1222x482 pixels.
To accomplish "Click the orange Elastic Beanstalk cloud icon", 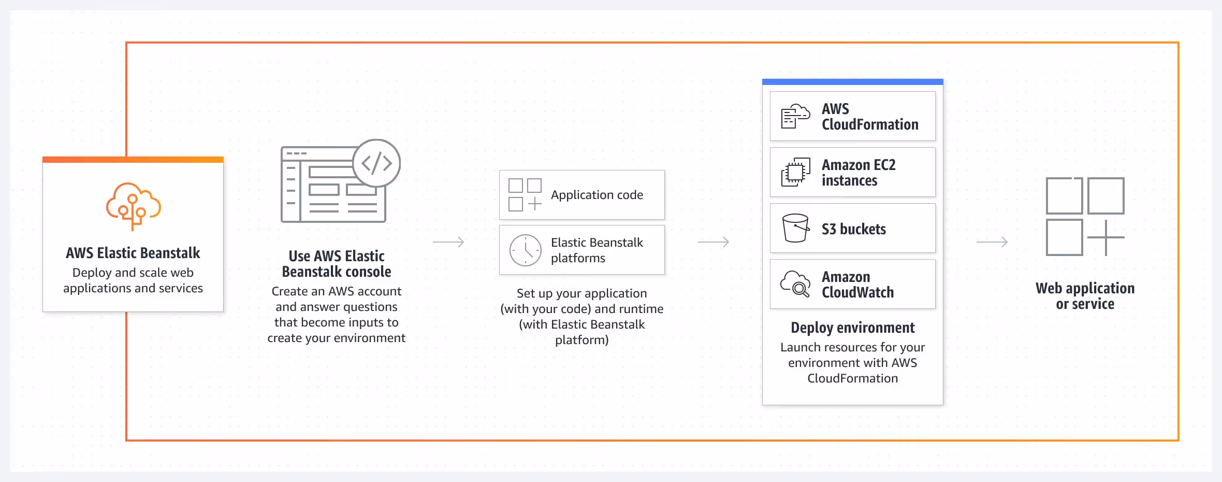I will [x=133, y=206].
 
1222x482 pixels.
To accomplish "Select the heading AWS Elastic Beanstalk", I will [x=133, y=253].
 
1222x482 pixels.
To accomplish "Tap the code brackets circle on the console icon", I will [x=376, y=163].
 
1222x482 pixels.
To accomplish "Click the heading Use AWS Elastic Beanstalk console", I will [x=337, y=264].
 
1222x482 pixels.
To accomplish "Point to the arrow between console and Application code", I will [x=448, y=242].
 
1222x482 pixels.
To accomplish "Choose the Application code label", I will [x=597, y=195].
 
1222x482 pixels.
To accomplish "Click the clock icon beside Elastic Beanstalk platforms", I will [x=525, y=250].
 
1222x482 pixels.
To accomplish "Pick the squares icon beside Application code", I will [x=525, y=195].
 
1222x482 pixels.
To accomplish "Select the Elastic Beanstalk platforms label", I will [x=597, y=250].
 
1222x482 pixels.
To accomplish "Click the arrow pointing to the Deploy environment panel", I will [x=714, y=242].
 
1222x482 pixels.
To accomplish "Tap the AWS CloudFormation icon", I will [x=795, y=116].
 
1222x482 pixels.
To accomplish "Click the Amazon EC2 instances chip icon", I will [x=795, y=173].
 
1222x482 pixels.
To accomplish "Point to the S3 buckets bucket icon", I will [x=795, y=228].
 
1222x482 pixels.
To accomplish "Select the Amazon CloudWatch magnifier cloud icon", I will [x=795, y=284].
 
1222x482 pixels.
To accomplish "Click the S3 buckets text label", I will [x=854, y=229].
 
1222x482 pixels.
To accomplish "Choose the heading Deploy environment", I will [x=853, y=328].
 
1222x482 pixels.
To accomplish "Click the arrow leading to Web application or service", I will [x=992, y=242].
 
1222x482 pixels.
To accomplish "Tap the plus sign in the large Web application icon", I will [x=1106, y=237].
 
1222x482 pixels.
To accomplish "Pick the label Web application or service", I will [x=1085, y=296].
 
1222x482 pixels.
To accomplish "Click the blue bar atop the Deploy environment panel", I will [x=853, y=82].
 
